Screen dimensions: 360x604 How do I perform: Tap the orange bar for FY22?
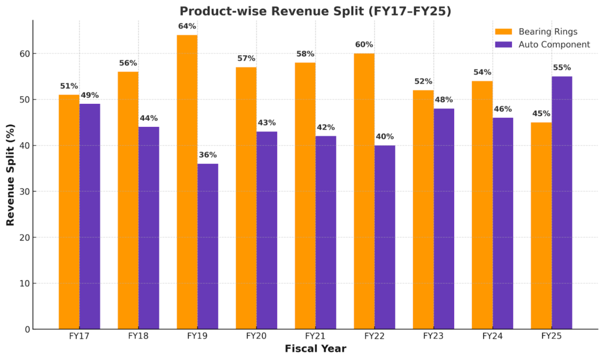coord(364,191)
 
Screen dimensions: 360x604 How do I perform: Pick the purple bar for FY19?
coord(208,246)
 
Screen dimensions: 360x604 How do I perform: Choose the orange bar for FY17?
coord(69,212)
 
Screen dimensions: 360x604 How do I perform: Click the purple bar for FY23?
coord(444,218)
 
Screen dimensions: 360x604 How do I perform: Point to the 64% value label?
coord(187,26)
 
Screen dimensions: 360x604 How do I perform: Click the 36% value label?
coord(208,155)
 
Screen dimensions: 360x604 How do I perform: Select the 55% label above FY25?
coord(562,67)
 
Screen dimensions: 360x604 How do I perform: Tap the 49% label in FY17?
coord(90,95)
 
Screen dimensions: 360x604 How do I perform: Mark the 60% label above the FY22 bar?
coord(364,44)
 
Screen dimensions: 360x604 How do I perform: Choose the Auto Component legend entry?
coord(542,44)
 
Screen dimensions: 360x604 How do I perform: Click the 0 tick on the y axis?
coord(25,329)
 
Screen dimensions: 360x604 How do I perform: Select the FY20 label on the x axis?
coord(256,336)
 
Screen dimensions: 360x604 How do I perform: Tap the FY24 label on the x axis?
coord(492,336)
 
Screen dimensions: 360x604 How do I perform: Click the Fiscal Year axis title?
coord(315,349)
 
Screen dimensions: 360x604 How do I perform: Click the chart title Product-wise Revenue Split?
coord(315,11)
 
